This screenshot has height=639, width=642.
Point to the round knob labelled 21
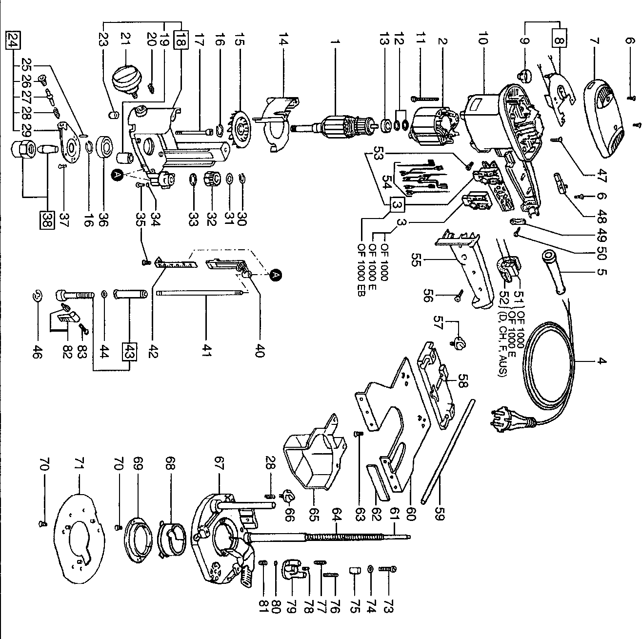(126, 78)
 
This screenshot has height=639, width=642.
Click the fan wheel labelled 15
(242, 129)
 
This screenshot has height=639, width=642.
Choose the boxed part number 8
(559, 38)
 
